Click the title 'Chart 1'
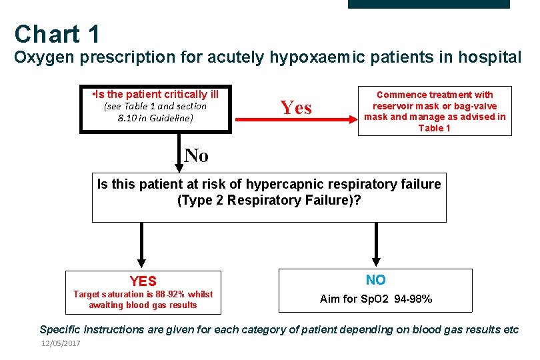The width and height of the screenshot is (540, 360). point(57,34)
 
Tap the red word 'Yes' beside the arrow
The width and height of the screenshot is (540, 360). point(296,107)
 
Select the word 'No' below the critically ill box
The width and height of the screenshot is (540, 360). point(196,155)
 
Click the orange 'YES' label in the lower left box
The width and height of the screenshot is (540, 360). point(143,281)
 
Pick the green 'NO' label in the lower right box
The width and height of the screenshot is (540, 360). point(375,280)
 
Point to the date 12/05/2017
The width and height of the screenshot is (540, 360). point(61,343)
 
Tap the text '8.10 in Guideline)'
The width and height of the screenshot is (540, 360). point(155,118)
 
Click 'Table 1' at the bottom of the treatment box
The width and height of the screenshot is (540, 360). point(434,128)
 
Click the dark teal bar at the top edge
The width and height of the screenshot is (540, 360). point(429,3)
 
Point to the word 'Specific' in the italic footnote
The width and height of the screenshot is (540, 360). point(64,329)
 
